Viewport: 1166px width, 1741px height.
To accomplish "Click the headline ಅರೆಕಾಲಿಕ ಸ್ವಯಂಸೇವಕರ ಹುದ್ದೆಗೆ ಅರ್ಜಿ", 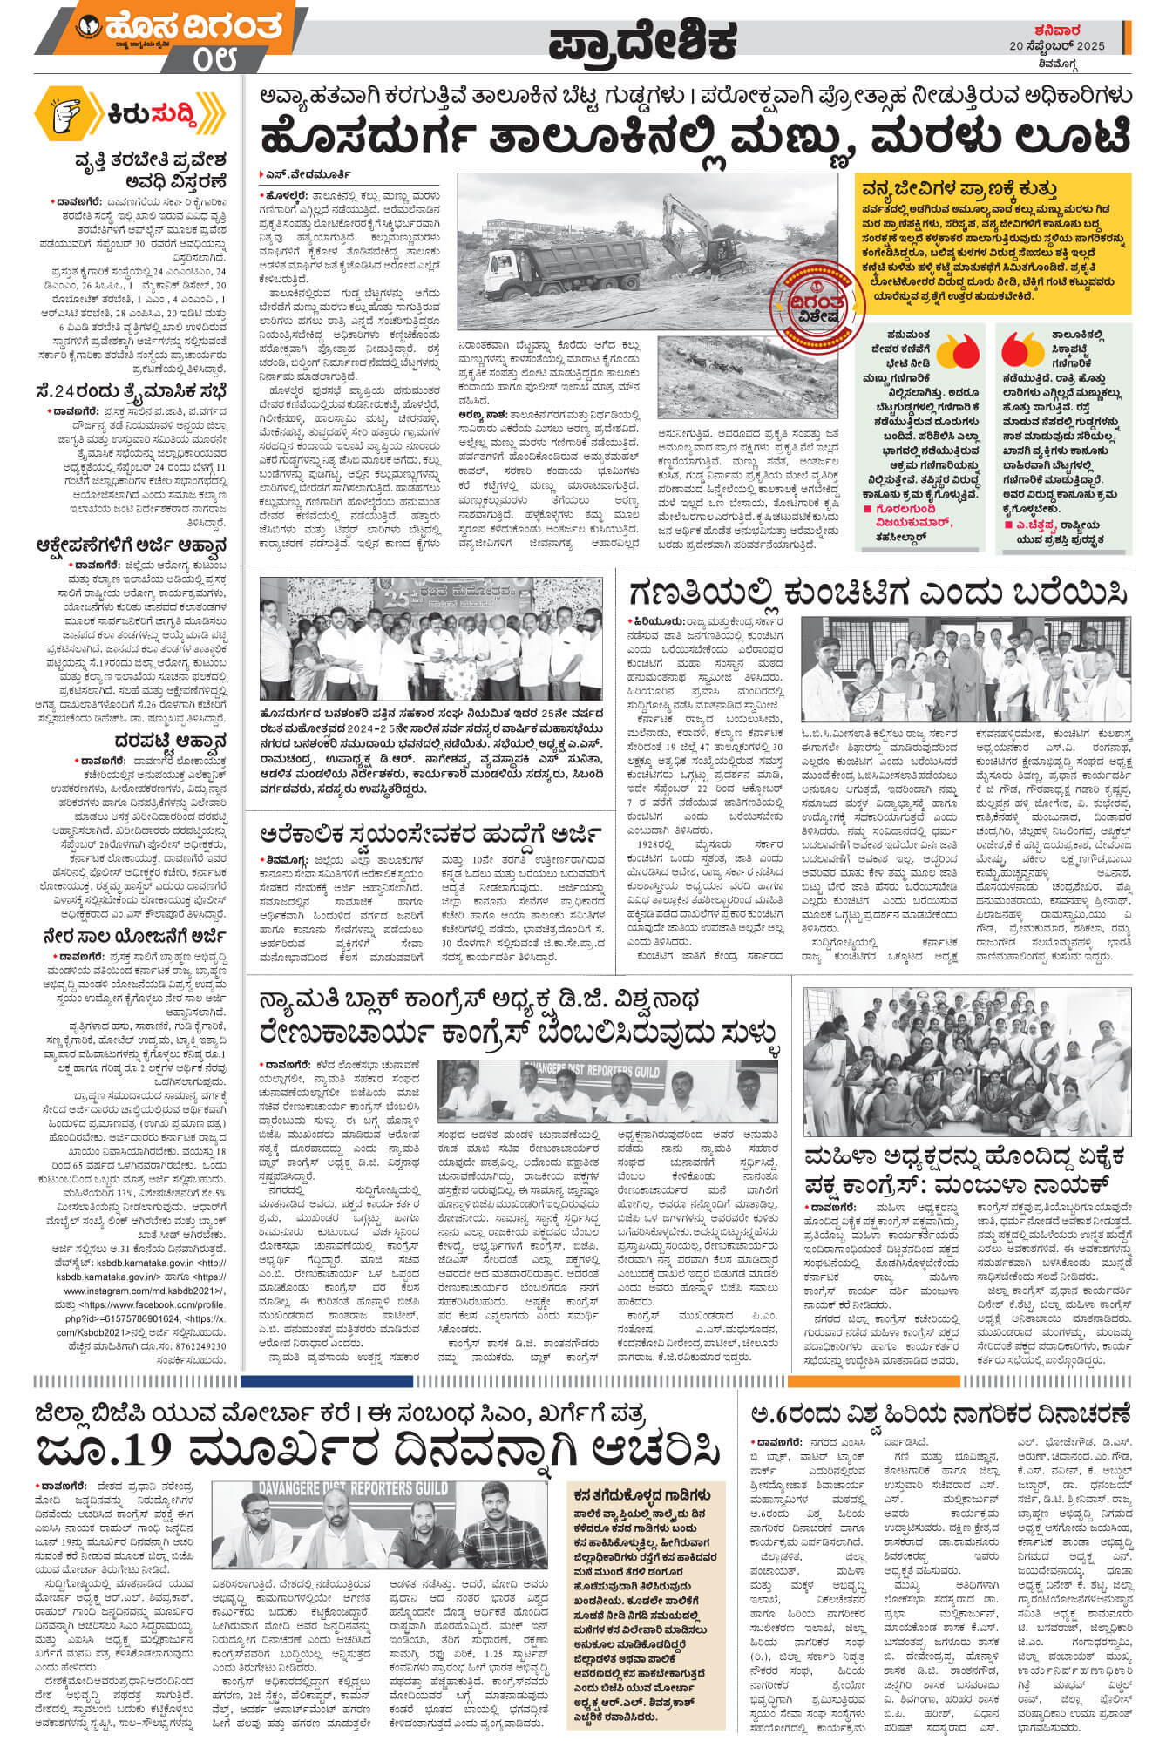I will point(431,835).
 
